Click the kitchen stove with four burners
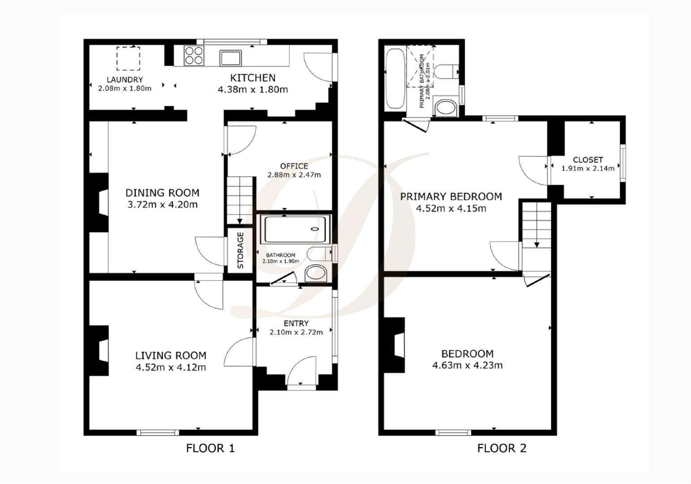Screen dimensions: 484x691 click(x=193, y=56)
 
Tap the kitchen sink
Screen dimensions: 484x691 click(x=231, y=57)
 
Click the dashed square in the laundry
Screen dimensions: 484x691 click(x=129, y=59)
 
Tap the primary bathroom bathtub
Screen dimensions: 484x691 click(x=395, y=79)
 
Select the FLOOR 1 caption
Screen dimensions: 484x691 click(x=210, y=448)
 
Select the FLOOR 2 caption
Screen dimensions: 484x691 click(x=502, y=448)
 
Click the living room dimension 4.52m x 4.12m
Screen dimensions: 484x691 click(x=171, y=367)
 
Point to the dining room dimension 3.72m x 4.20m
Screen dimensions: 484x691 click(x=163, y=205)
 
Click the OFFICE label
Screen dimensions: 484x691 click(x=294, y=166)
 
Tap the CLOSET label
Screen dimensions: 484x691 click(x=588, y=160)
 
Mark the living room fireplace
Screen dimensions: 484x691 click(x=100, y=350)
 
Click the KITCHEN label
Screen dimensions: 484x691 click(x=253, y=78)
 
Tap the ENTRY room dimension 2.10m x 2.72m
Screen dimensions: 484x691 click(x=296, y=333)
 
